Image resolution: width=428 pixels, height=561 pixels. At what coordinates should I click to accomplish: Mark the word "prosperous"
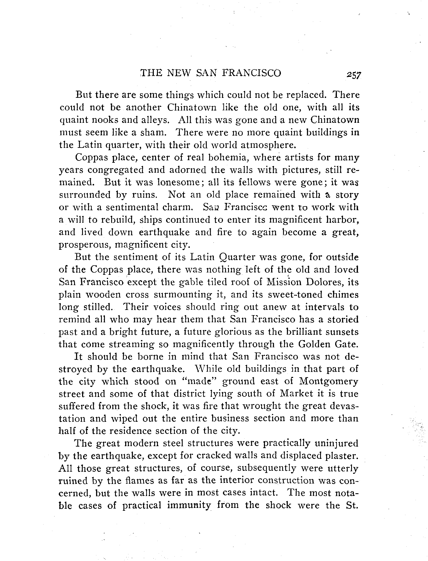[x=85, y=245]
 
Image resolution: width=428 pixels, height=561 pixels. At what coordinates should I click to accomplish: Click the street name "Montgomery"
[x=329, y=382]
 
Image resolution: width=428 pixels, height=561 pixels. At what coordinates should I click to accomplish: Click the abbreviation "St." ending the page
[x=352, y=505]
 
